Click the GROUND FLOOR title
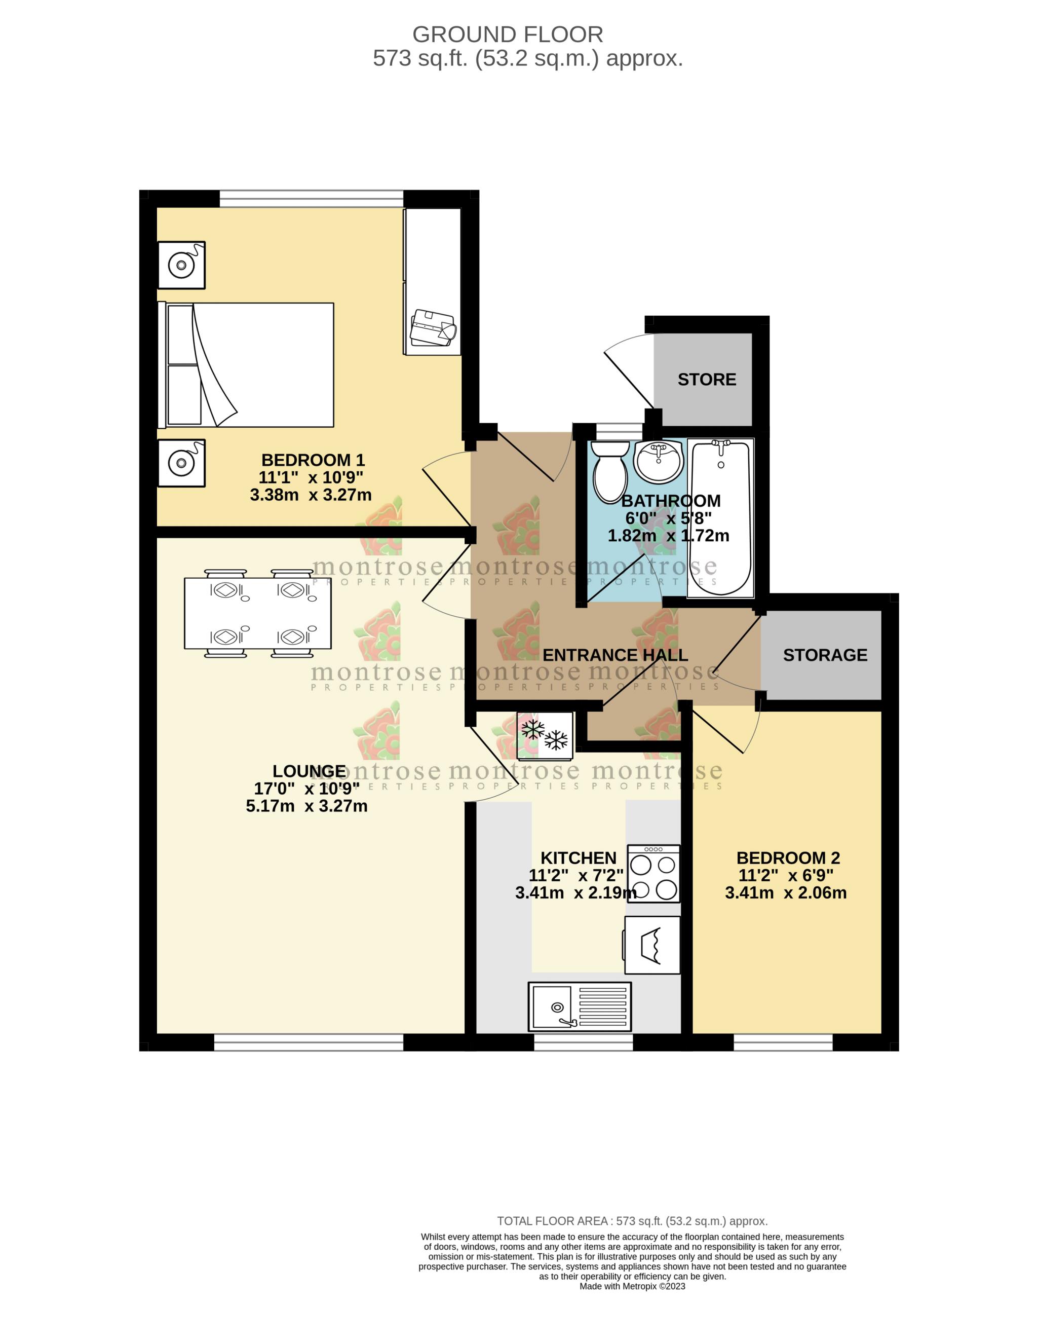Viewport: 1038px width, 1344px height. click(507, 34)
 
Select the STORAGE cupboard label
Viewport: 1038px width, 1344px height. click(825, 655)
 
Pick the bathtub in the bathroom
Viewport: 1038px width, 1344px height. click(720, 517)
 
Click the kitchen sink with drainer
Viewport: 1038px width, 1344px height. click(579, 1006)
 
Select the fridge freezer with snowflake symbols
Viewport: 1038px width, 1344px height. click(545, 735)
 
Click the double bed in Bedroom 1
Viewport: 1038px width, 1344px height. click(246, 364)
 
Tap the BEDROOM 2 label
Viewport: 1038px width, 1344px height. click(788, 858)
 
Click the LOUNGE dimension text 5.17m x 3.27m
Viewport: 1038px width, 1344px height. click(306, 806)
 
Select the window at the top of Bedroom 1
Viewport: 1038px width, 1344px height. click(312, 198)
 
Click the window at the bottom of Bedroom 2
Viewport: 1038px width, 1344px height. click(783, 1042)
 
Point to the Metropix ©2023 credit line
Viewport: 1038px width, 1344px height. click(632, 1286)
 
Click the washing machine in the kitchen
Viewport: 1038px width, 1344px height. click(652, 945)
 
